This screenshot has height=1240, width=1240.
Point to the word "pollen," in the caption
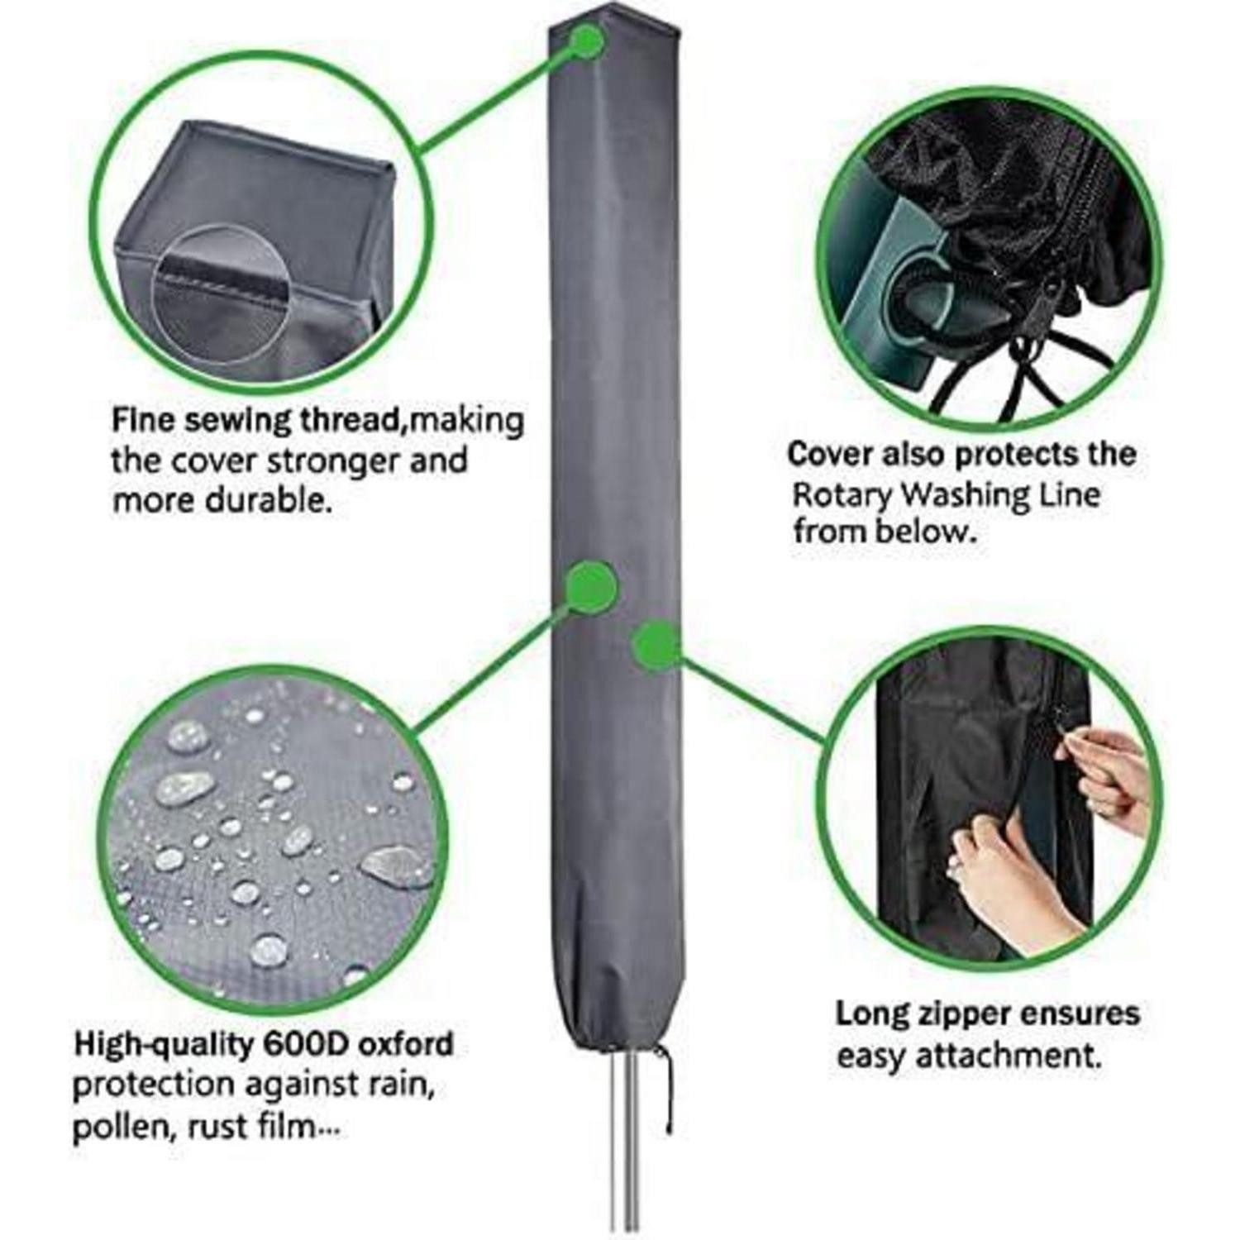pos(118,1128)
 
